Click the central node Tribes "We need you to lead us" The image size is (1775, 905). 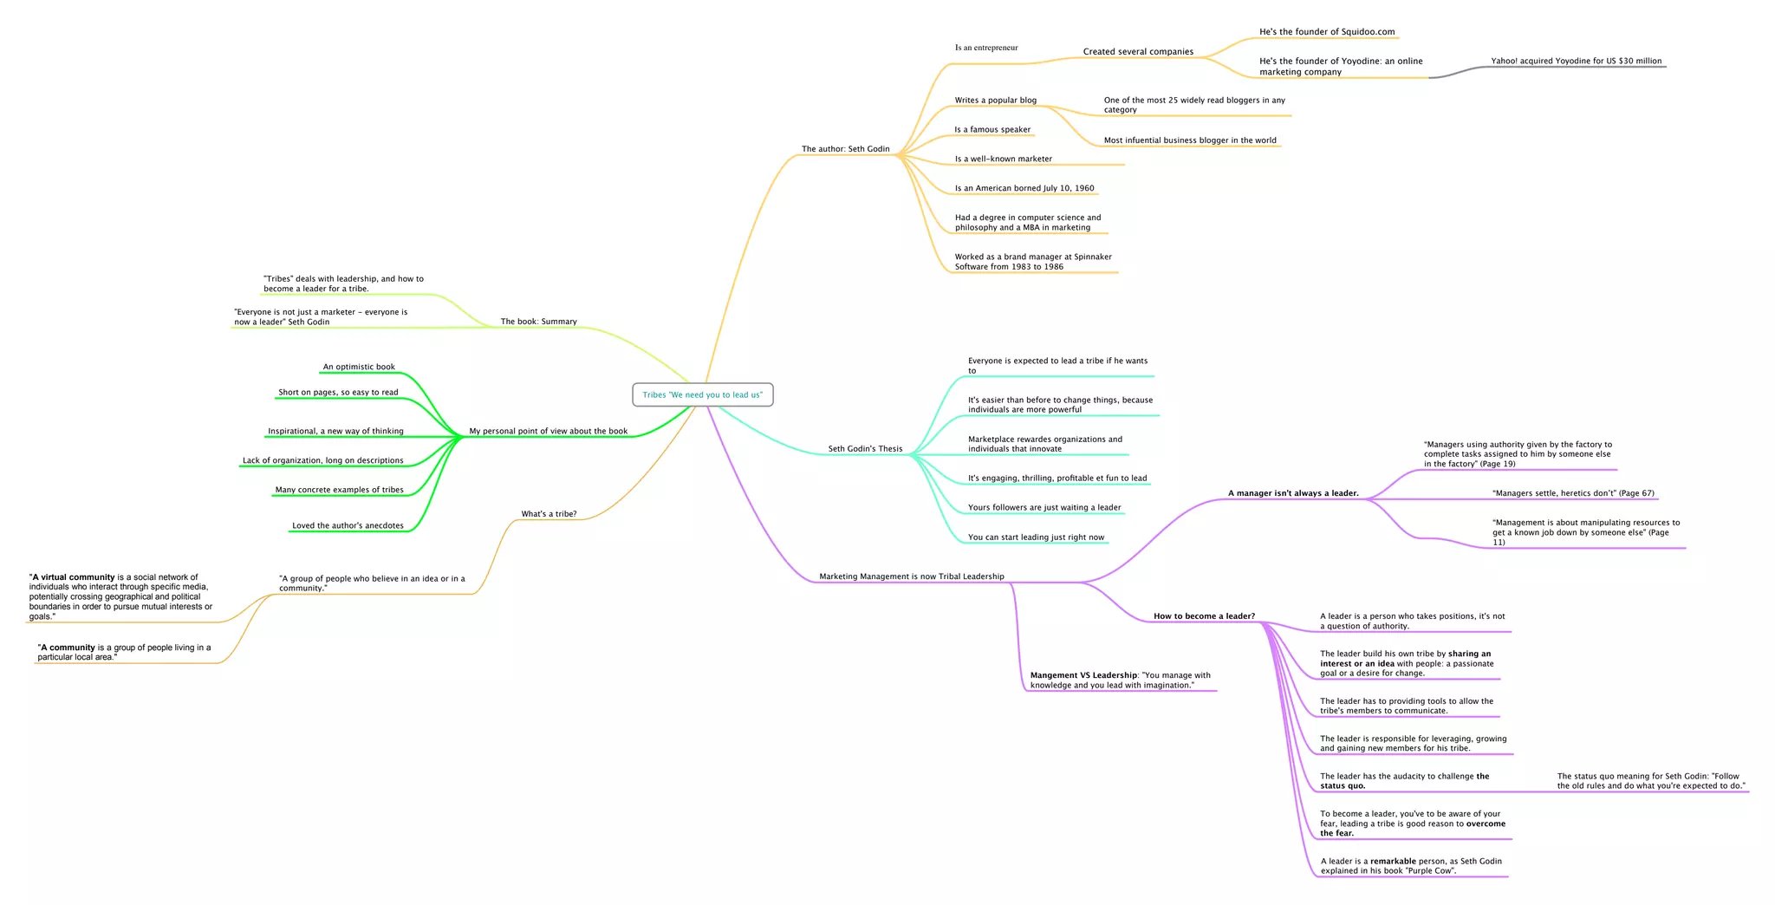click(702, 395)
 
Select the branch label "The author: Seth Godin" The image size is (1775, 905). click(845, 149)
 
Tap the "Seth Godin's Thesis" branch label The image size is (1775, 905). click(865, 449)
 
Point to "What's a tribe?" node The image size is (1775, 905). click(549, 514)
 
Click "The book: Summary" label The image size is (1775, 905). click(538, 322)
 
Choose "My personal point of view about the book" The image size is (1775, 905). click(548, 431)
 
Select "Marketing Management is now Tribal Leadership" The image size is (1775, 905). click(911, 576)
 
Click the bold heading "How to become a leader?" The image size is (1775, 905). click(1204, 616)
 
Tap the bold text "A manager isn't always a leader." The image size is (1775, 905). click(1293, 493)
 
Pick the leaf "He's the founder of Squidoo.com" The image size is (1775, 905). click(1327, 32)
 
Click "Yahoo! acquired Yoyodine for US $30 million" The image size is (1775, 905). click(1576, 62)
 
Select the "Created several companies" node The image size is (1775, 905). click(1138, 52)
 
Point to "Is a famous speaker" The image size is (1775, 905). click(992, 130)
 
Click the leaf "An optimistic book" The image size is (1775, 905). click(359, 367)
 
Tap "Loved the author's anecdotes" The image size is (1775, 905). click(348, 525)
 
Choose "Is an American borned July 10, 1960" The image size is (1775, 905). click(1024, 188)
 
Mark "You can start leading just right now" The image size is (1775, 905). click(1036, 537)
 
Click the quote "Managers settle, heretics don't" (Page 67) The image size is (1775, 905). click(1573, 493)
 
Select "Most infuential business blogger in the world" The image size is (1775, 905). click(1190, 140)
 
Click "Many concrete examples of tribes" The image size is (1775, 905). click(339, 490)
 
